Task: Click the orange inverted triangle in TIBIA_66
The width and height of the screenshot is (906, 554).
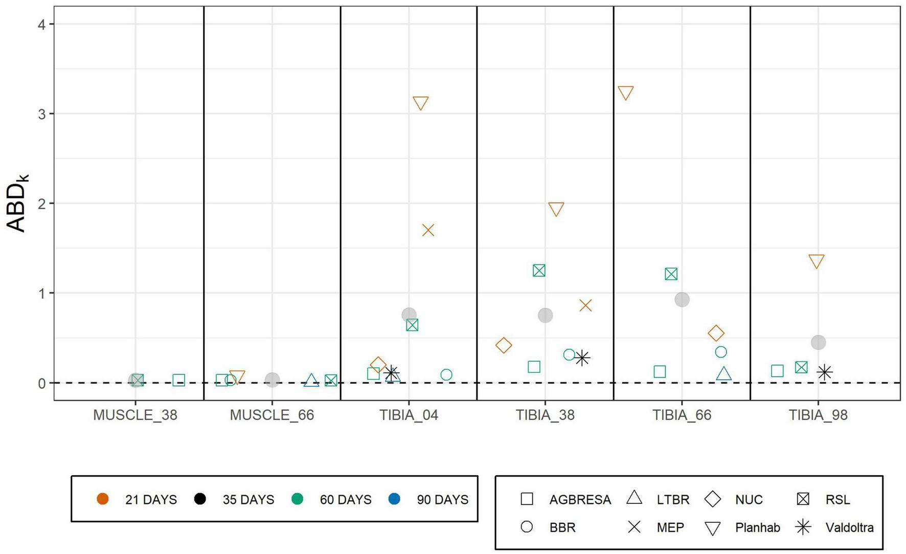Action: point(626,92)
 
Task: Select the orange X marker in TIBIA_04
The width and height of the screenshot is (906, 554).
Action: point(428,230)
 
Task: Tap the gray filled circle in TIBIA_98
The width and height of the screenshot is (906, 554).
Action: point(818,342)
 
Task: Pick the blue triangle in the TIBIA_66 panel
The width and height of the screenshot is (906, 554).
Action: point(723,374)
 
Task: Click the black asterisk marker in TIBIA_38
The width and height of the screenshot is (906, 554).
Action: point(582,358)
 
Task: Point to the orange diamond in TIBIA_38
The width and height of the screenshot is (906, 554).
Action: point(504,345)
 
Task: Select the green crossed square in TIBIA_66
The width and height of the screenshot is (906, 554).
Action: point(671,274)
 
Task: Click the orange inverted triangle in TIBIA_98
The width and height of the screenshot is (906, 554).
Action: point(817,261)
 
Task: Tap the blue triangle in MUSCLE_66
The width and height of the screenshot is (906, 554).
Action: point(311,381)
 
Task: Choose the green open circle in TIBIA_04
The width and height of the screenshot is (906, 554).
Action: point(446,374)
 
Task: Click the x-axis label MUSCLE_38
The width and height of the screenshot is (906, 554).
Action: point(135,415)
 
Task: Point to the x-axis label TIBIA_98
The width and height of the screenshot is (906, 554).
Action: point(818,415)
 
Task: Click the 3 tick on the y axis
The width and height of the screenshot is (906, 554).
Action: point(42,114)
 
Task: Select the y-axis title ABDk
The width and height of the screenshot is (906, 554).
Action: point(18,204)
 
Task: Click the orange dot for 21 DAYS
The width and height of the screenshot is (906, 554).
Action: point(103,499)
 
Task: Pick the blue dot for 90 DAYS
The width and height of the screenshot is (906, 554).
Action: point(394,499)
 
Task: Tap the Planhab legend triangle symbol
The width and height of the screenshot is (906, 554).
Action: point(712,528)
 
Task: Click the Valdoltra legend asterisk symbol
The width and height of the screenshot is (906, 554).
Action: point(803,527)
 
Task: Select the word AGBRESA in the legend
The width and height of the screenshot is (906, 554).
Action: point(580,500)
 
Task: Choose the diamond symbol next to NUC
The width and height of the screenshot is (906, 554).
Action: point(712,499)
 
